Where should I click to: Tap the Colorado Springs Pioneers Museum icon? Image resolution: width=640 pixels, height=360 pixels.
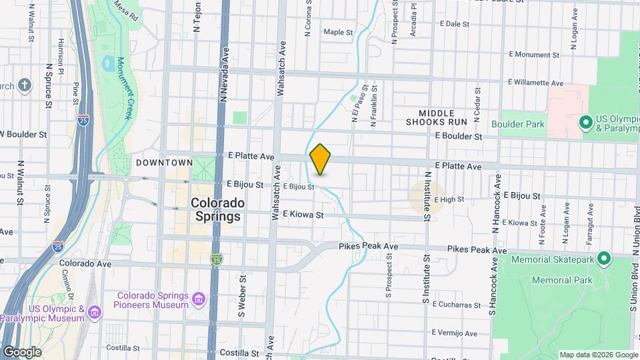pos(198,301)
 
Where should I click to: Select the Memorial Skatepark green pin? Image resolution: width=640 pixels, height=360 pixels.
pos(604,258)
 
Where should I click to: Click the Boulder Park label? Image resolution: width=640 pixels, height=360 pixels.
pos(517,124)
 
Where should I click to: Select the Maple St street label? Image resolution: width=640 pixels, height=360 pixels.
pos(338,31)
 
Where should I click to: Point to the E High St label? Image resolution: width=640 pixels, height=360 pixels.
pos(449,199)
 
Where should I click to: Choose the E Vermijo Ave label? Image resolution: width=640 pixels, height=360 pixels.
pos(454,333)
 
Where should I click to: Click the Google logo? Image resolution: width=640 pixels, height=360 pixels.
pos(22,351)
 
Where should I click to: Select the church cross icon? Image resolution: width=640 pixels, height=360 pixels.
pos(25,85)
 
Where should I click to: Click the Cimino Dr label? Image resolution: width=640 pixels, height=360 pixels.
pos(69,283)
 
